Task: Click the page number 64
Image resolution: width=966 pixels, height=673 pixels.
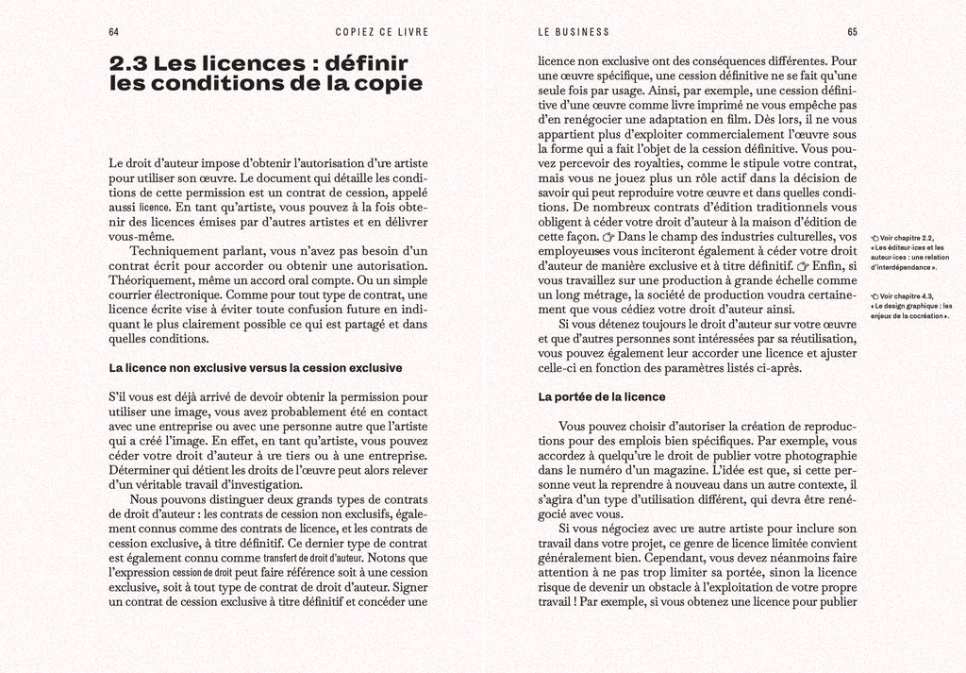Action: [x=114, y=31]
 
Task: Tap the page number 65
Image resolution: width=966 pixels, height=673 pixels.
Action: [x=851, y=31]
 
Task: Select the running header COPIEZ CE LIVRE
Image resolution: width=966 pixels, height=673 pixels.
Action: [x=381, y=31]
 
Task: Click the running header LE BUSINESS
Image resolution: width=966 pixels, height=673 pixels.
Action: [x=574, y=31]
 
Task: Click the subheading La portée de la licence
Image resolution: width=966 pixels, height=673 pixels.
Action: [x=601, y=396]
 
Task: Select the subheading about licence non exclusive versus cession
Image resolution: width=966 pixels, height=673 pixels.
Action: [x=256, y=367]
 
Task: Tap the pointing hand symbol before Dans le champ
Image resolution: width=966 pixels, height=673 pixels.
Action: [x=609, y=236]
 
